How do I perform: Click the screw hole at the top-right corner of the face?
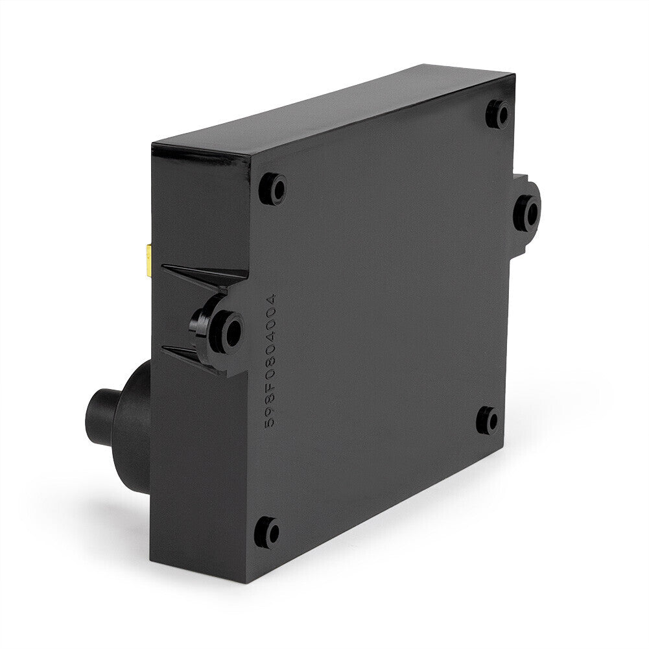pos(499,113)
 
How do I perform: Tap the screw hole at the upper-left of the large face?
pos(273,189)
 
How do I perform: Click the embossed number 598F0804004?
pos(270,360)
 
